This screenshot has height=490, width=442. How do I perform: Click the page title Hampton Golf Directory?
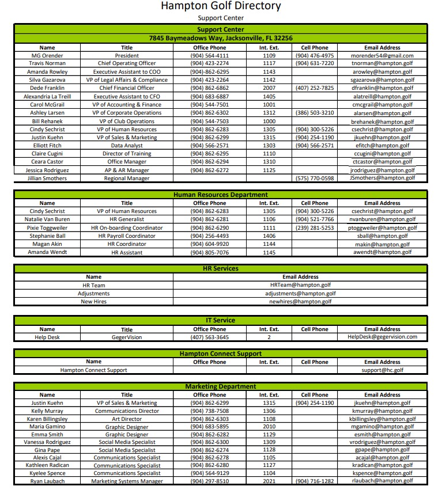221,6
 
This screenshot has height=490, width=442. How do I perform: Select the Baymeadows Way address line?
221,38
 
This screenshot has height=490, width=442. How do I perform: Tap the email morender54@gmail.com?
382,56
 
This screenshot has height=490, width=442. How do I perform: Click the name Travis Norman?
47,63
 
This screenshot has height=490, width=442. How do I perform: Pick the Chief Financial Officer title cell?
127,88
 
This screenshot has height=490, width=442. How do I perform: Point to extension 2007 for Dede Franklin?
269,88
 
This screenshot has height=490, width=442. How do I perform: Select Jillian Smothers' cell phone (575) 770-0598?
314,178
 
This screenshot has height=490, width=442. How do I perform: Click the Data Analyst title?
127,146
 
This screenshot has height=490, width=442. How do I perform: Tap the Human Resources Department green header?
221,195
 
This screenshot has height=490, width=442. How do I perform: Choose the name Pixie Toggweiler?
47,228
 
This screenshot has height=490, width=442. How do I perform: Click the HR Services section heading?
221,268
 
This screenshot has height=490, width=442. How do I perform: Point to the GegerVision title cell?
127,337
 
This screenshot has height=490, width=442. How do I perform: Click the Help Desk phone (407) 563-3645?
209,337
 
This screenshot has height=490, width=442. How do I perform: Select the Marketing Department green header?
221,386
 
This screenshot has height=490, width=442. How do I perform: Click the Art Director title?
127,419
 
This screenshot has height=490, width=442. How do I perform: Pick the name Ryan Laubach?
47,481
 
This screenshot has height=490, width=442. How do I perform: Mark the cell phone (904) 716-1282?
314,481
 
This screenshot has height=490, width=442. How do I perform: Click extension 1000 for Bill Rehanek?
269,121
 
